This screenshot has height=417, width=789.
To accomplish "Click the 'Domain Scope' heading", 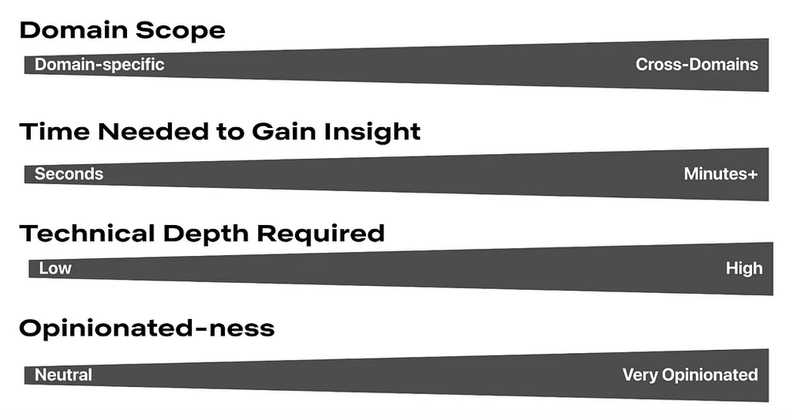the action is pyautogui.click(x=122, y=31).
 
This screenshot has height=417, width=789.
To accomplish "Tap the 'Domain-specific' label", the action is pyautogui.click(x=99, y=65).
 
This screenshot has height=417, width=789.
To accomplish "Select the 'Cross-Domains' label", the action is pyautogui.click(x=697, y=65).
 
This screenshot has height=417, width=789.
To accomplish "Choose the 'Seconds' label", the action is pyautogui.click(x=69, y=174).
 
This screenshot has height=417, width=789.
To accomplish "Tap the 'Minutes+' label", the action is pyautogui.click(x=720, y=174).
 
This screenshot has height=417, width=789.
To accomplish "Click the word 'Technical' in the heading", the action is pyautogui.click(x=87, y=234).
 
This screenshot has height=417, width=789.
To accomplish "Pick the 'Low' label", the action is pyautogui.click(x=55, y=268).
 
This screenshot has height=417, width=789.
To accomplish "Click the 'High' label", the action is pyautogui.click(x=744, y=268).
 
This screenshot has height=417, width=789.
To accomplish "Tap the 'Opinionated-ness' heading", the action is pyautogui.click(x=147, y=329).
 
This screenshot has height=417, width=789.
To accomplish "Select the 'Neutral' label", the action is pyautogui.click(x=63, y=374).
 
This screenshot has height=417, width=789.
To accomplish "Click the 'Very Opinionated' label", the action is pyautogui.click(x=690, y=374).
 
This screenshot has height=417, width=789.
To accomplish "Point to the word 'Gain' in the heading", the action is pyautogui.click(x=284, y=131).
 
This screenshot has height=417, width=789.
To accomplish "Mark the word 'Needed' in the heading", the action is pyautogui.click(x=154, y=131).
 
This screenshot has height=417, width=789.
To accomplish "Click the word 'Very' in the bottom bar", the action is pyautogui.click(x=640, y=375).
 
